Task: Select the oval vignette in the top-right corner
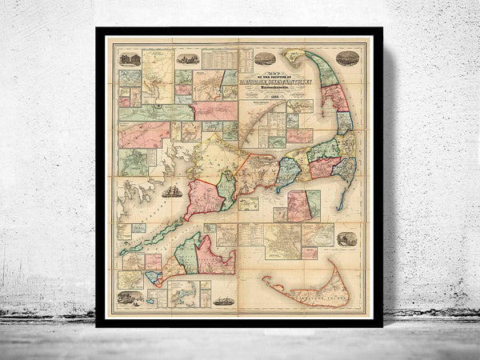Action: (x=347, y=58)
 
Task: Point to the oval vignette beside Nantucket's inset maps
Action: (x=347, y=238)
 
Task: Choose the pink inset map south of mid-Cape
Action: (x=298, y=205)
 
